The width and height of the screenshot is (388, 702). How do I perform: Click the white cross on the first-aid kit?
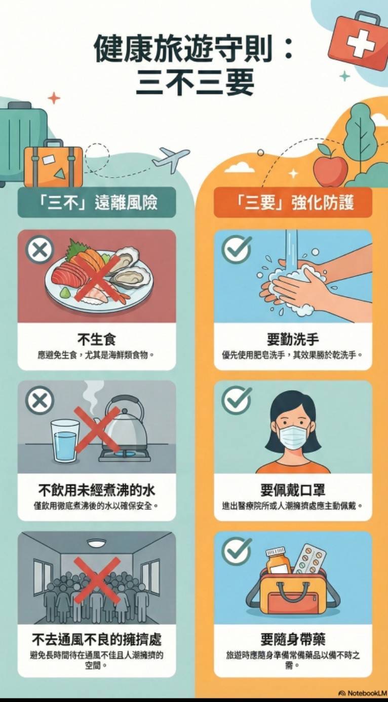[361, 45]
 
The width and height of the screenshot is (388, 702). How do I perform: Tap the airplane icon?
[170, 159]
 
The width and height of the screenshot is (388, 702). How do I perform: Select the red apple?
[330, 169]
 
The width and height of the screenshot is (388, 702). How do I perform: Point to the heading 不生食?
[97, 339]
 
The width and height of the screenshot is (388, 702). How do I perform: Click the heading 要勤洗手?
[293, 339]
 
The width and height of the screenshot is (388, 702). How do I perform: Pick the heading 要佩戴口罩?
[293, 490]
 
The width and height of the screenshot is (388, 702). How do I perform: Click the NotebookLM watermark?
[363, 693]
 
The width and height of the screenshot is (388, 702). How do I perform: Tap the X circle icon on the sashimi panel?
[40, 250]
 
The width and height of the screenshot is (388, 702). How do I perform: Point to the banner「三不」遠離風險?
[97, 202]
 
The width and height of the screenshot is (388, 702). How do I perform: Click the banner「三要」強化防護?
[293, 202]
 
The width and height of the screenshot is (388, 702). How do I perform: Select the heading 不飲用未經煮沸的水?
[97, 490]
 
